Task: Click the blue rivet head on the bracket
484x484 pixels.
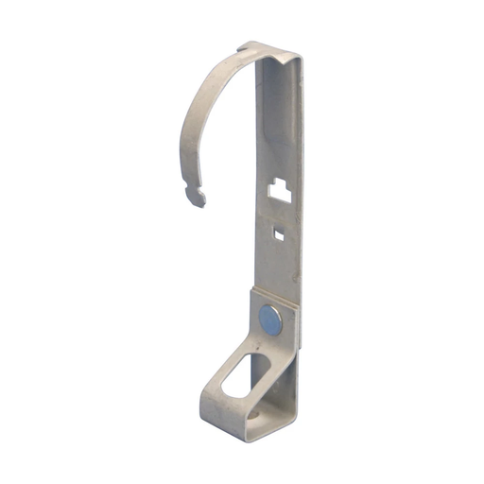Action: click(269, 320)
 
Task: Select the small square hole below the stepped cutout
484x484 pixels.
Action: click(278, 231)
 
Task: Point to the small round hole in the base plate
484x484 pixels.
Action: click(257, 410)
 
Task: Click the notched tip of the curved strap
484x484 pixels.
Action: click(197, 196)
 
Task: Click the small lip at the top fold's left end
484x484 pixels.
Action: click(243, 45)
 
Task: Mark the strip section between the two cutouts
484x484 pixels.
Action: click(279, 213)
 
